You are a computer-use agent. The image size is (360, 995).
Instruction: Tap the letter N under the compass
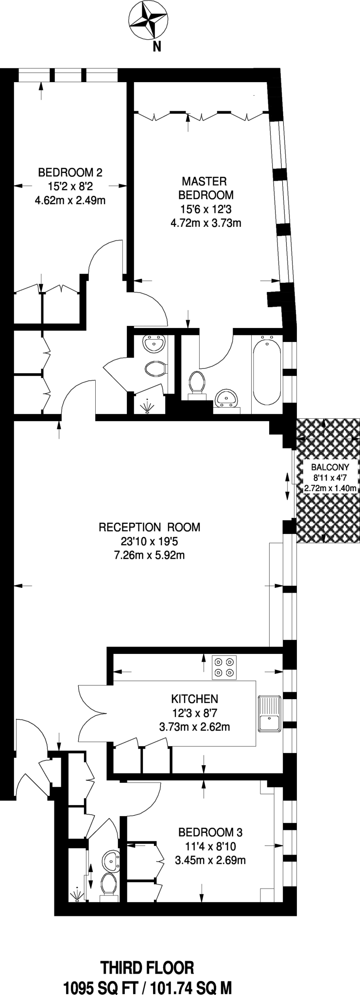pos(156,47)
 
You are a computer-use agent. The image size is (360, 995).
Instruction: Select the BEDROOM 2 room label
pos(70,172)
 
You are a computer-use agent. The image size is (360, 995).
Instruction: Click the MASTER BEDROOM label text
pos(206,189)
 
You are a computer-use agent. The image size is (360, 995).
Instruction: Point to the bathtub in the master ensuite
pos(267,370)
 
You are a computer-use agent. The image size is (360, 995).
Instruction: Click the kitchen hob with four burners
pos(224,667)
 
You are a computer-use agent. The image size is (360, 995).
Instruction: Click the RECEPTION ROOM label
pos(149,527)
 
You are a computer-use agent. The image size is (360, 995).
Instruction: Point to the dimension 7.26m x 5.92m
pos(149,555)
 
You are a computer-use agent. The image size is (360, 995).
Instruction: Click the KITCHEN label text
pos(194,699)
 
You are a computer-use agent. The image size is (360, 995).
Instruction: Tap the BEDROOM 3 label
pos(210,832)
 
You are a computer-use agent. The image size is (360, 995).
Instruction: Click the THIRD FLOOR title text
pos(147,955)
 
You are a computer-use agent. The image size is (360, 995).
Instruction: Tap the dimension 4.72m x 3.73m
pos(206,223)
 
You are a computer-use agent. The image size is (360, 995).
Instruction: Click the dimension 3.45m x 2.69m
pos(210,860)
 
